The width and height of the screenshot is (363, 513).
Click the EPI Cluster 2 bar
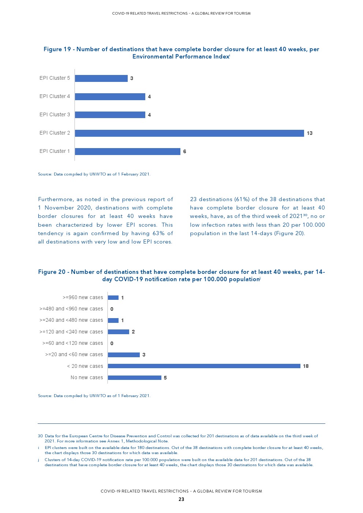tap(190, 133)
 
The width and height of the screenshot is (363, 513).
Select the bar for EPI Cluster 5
tap(101, 78)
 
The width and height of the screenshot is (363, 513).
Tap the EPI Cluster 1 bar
tap(128, 151)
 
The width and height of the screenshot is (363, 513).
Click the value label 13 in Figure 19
tap(310, 133)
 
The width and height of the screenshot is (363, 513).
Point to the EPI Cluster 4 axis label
tap(55, 96)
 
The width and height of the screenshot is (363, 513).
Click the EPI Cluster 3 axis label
tap(55, 114)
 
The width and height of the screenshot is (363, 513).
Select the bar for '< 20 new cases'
tap(204, 366)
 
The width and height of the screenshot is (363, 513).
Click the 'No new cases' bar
tap(135, 378)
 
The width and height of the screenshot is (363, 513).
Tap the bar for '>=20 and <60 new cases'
tap(124, 355)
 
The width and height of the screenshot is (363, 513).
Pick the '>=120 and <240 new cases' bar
tap(119, 332)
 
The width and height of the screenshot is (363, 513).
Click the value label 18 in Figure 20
tap(306, 366)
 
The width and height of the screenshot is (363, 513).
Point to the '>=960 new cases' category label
tap(83, 297)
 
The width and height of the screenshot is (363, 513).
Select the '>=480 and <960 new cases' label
tap(71, 309)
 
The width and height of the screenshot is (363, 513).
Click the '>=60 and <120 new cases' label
tap(73, 343)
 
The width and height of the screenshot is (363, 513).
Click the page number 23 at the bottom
tap(181, 499)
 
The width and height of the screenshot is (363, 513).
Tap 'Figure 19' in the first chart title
tap(57, 49)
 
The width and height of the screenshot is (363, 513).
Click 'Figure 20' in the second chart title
tap(52, 272)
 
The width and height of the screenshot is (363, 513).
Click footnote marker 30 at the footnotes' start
tap(40, 436)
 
